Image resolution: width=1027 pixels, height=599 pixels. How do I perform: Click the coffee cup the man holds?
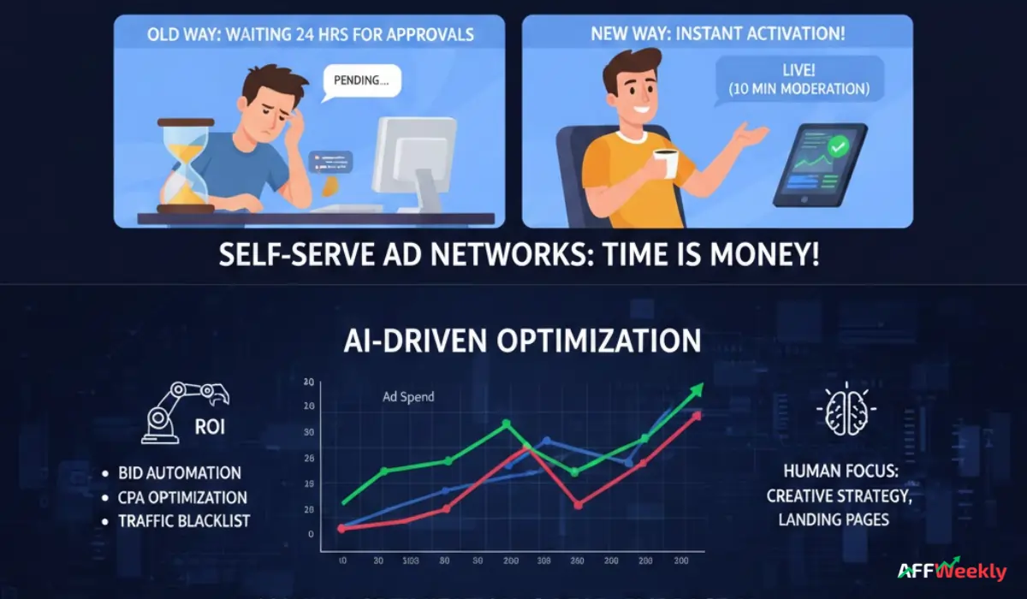click(x=664, y=162)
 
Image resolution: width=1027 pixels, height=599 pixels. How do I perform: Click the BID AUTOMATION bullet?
click(x=180, y=472)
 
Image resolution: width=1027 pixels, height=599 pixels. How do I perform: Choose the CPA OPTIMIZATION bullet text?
click(x=182, y=497)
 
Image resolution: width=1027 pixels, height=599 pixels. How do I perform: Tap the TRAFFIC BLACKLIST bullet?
click(x=185, y=520)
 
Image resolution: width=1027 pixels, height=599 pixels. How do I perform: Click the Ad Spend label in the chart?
click(x=408, y=396)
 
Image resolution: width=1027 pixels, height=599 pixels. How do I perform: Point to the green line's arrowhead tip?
click(x=702, y=385)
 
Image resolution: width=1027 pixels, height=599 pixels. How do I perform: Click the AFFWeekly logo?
click(x=952, y=571)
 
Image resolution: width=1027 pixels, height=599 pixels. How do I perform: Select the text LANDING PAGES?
click(x=834, y=519)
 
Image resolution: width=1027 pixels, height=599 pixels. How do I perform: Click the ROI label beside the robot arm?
click(x=210, y=425)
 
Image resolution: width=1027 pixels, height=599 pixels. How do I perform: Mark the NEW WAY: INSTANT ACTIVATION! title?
click(x=717, y=35)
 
